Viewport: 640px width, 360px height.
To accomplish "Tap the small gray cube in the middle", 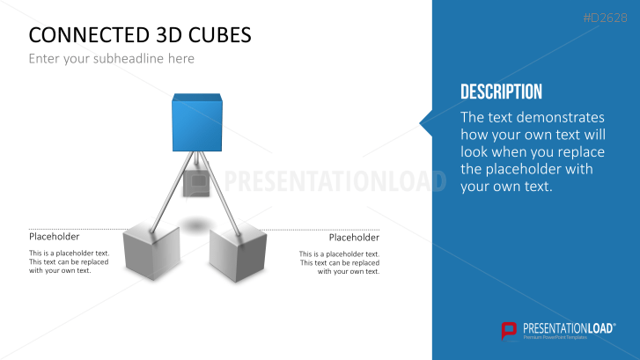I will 195,185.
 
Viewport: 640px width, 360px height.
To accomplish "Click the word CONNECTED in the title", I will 82,34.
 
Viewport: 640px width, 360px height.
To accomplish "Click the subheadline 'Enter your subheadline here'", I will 111,59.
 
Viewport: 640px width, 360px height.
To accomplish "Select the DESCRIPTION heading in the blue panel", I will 501,92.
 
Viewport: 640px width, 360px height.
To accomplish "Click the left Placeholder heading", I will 55,237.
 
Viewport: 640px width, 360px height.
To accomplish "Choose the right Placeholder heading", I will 354,238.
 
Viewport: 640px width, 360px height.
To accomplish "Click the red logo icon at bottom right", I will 509,330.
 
